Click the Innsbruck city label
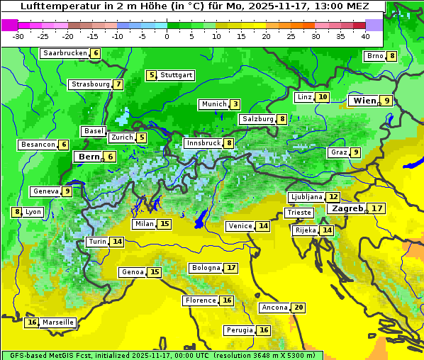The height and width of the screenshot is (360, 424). click(203, 143)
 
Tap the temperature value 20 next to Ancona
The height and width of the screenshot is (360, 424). click(299, 308)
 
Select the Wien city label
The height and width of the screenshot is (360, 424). click(364, 101)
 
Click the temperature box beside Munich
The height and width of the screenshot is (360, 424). click(235, 104)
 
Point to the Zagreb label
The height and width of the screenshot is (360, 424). click(347, 208)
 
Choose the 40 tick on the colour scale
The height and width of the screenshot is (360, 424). click(365, 36)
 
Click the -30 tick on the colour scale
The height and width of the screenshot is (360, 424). click(18, 36)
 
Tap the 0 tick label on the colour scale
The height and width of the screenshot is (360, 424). click(167, 36)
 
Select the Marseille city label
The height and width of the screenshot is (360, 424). click(58, 322)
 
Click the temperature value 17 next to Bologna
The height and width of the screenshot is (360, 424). click(231, 268)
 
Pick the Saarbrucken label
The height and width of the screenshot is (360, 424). click(65, 53)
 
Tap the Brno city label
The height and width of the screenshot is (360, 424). click(374, 56)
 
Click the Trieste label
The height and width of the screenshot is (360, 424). click(298, 213)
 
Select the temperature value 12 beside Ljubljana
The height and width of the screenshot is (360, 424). click(333, 197)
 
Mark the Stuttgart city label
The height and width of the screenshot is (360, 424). click(176, 75)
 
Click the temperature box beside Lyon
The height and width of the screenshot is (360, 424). click(17, 212)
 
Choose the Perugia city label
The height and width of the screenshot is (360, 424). click(238, 330)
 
